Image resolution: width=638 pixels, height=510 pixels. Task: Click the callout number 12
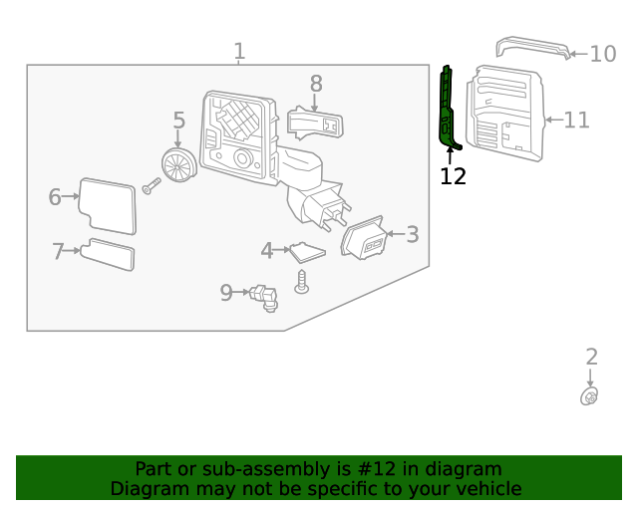point(453,176)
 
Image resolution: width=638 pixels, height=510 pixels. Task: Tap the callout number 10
point(602,54)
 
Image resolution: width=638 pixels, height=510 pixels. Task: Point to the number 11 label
point(576,120)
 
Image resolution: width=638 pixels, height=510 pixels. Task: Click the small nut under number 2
point(589,396)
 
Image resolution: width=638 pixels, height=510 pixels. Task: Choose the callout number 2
point(591,357)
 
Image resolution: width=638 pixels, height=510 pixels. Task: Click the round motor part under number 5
point(179,165)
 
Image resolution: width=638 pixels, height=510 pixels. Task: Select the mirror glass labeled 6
point(108,206)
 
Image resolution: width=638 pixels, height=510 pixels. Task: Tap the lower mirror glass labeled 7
point(108,254)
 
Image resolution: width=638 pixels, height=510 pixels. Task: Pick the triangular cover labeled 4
point(307,253)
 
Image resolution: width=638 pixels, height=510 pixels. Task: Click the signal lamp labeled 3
point(364,238)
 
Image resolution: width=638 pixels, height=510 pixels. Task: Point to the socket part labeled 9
point(264,298)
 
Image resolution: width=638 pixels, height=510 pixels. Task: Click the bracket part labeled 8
point(315,124)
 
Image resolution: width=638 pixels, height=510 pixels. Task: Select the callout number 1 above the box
point(239,51)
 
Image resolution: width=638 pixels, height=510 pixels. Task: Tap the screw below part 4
point(301,282)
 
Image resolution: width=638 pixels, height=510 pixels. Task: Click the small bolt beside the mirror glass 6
point(152,186)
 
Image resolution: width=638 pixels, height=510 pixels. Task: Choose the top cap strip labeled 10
point(533,47)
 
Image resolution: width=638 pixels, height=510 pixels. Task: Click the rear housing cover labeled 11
point(505,114)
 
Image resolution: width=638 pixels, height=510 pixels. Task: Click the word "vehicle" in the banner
point(493,488)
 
